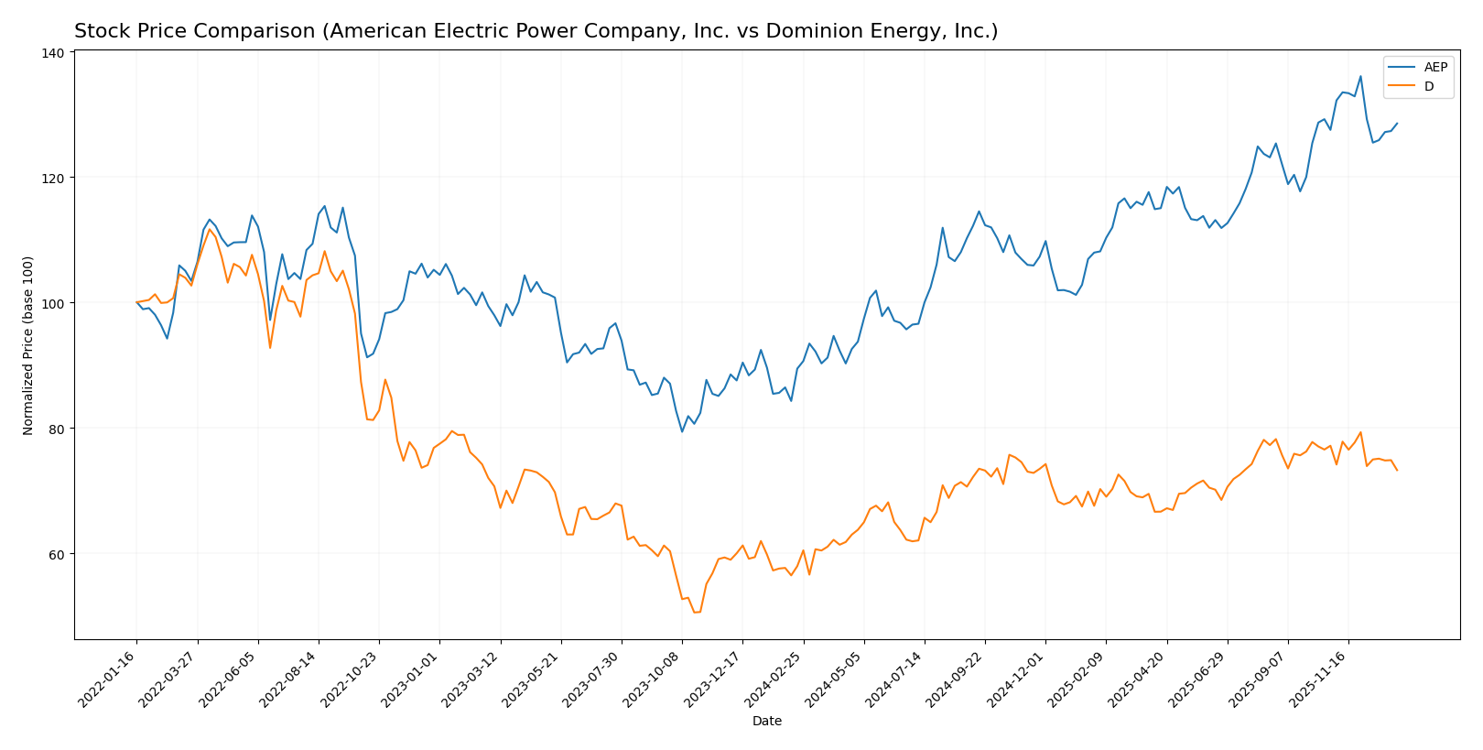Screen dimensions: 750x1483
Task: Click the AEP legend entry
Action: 1434,68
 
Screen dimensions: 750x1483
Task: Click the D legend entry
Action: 1428,87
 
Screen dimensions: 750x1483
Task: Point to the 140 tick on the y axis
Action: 54,53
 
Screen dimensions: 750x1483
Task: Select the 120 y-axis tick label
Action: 54,178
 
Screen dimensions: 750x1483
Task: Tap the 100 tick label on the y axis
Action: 54,303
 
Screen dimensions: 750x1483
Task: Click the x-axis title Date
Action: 766,722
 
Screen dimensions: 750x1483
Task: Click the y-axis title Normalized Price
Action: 28,345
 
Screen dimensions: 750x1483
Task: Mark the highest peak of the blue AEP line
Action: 1360,76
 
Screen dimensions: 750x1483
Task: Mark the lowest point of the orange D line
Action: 696,612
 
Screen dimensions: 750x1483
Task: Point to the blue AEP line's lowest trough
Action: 682,431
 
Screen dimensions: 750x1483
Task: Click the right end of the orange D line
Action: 1397,470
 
